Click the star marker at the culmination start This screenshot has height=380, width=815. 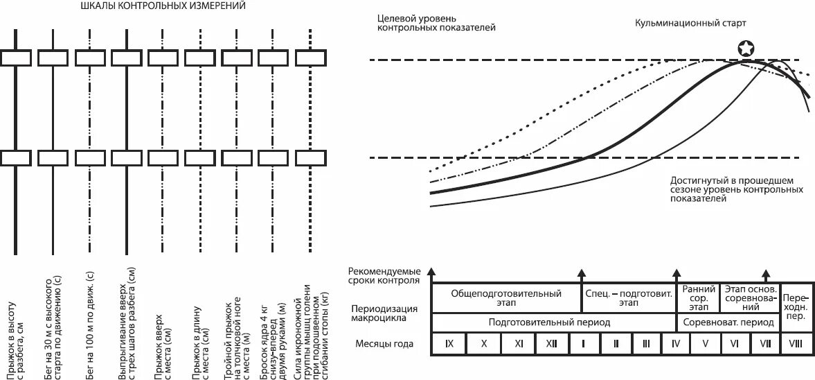tap(746, 49)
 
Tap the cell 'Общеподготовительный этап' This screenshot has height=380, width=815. tap(506, 298)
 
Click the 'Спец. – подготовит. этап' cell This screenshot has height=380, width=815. tap(629, 298)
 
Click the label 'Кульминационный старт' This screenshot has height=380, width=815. tap(691, 23)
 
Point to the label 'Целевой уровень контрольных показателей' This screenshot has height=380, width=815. tap(437, 22)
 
